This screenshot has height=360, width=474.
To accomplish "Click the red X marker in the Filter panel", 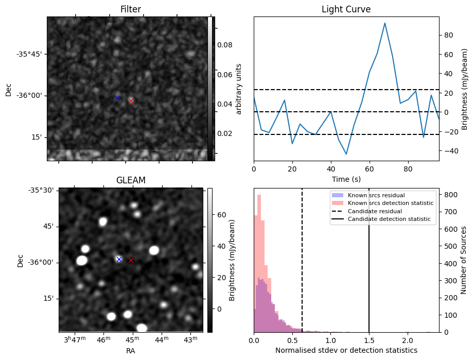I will pos(131,100).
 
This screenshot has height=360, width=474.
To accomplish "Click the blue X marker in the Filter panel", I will pos(117,98).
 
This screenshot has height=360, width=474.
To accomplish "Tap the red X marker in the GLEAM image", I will pos(131,261).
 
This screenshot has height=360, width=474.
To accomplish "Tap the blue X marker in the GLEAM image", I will pos(119,259).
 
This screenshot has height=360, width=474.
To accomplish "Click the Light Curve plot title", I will pos(346,9).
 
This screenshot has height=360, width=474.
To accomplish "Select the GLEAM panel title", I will pos(131,180).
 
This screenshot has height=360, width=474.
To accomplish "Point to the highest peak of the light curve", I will pos(385,23).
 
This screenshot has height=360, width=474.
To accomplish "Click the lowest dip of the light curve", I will pos(346,154).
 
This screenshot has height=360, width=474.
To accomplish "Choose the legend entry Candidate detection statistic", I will pos(390,219).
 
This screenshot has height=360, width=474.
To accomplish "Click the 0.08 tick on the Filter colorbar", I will pos(224,45).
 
